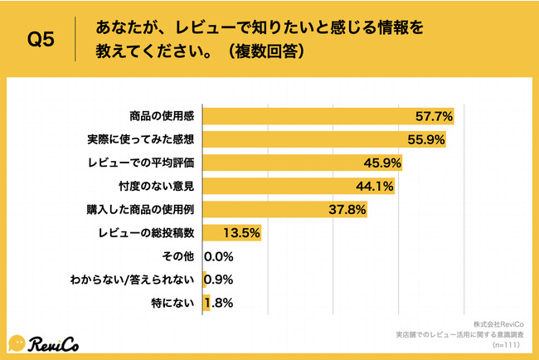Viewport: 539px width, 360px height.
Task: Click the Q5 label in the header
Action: (x=41, y=39)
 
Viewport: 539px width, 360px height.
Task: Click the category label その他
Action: (x=181, y=256)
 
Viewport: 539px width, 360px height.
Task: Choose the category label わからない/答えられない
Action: (x=134, y=280)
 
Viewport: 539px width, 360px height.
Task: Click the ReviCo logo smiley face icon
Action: (x=17, y=343)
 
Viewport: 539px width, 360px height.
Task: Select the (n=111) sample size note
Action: (x=507, y=344)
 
